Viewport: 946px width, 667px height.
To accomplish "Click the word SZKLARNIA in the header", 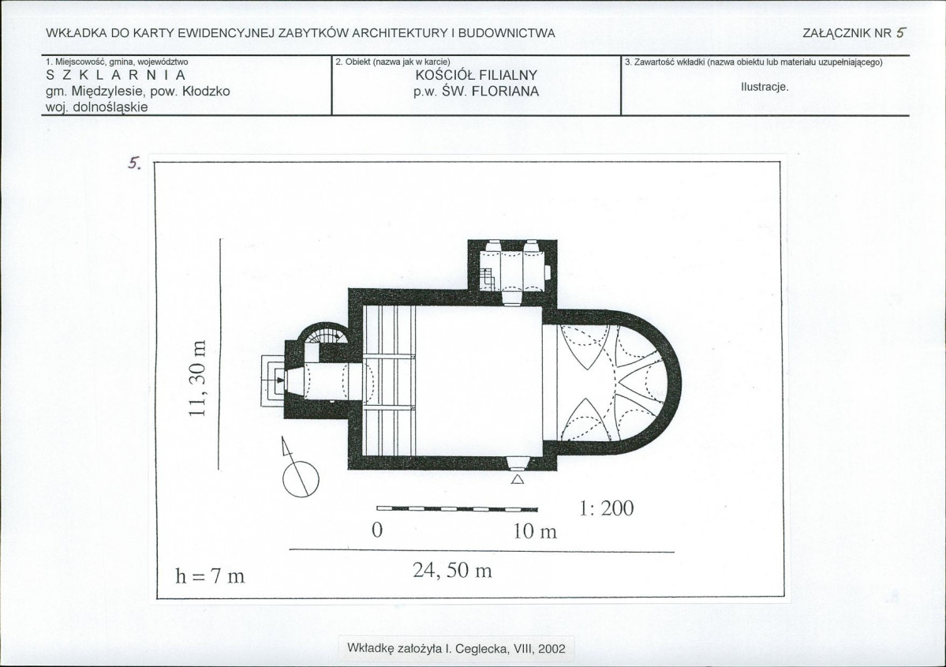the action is click(116, 76).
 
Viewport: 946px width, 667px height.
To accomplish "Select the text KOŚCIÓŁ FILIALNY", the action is click(476, 76).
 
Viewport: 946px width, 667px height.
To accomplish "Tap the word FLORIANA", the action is click(505, 92).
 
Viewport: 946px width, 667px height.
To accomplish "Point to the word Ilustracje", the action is click(765, 87).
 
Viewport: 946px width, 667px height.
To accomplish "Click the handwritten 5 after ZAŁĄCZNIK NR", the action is click(901, 33).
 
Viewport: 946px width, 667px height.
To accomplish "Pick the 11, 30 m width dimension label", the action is click(199, 378).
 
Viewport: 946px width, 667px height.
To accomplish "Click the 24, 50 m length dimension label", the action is click(453, 571).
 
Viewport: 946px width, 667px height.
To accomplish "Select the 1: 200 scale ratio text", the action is click(606, 508).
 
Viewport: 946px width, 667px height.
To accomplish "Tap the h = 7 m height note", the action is click(210, 576).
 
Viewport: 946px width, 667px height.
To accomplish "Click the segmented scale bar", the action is click(457, 509).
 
